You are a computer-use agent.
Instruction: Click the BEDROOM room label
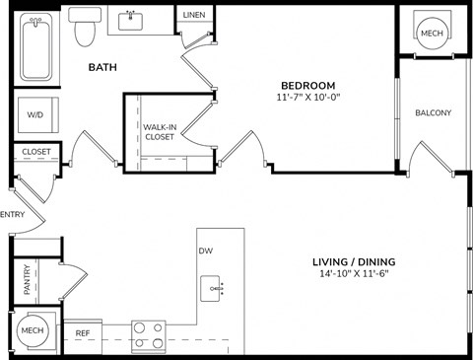click(x=307, y=84)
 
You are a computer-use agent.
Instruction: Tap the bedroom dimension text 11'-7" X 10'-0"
click(x=307, y=98)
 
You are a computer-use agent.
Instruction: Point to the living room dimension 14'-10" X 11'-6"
click(x=361, y=274)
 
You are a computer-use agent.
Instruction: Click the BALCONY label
click(x=433, y=112)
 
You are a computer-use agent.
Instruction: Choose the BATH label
click(x=103, y=67)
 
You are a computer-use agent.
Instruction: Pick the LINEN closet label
click(x=194, y=15)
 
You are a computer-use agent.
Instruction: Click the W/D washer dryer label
click(x=35, y=115)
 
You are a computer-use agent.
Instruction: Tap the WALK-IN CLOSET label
click(x=160, y=131)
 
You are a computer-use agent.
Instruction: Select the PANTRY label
click(x=28, y=280)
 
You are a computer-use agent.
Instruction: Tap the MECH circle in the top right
click(x=432, y=32)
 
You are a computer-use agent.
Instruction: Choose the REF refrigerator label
click(x=84, y=333)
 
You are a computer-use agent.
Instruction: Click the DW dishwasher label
click(x=205, y=251)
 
